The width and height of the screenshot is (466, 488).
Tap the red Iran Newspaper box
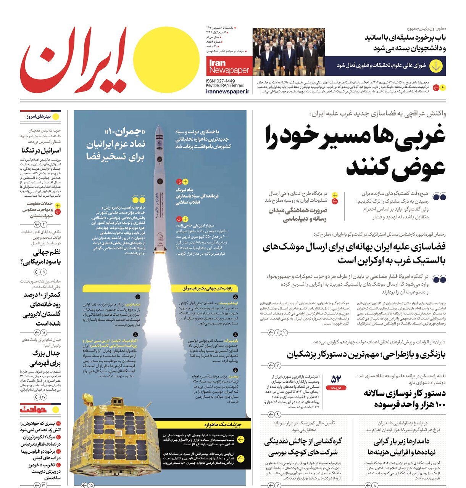[229, 66]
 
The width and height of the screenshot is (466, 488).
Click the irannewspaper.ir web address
[227, 91]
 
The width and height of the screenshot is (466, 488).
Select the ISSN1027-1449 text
[220, 81]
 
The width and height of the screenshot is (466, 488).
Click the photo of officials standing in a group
[289, 52]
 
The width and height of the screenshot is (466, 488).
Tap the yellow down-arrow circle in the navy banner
[435, 66]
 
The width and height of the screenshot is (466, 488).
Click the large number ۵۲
[336, 379]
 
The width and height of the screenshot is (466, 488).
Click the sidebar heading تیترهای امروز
[38, 117]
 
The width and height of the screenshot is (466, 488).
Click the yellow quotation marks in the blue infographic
[138, 199]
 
